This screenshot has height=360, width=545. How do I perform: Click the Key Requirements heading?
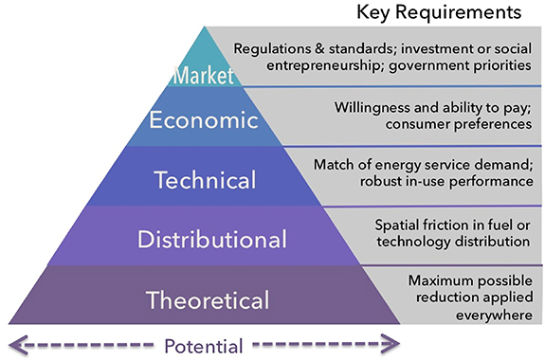click(439, 13)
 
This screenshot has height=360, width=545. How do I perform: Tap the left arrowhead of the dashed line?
click(17, 343)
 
